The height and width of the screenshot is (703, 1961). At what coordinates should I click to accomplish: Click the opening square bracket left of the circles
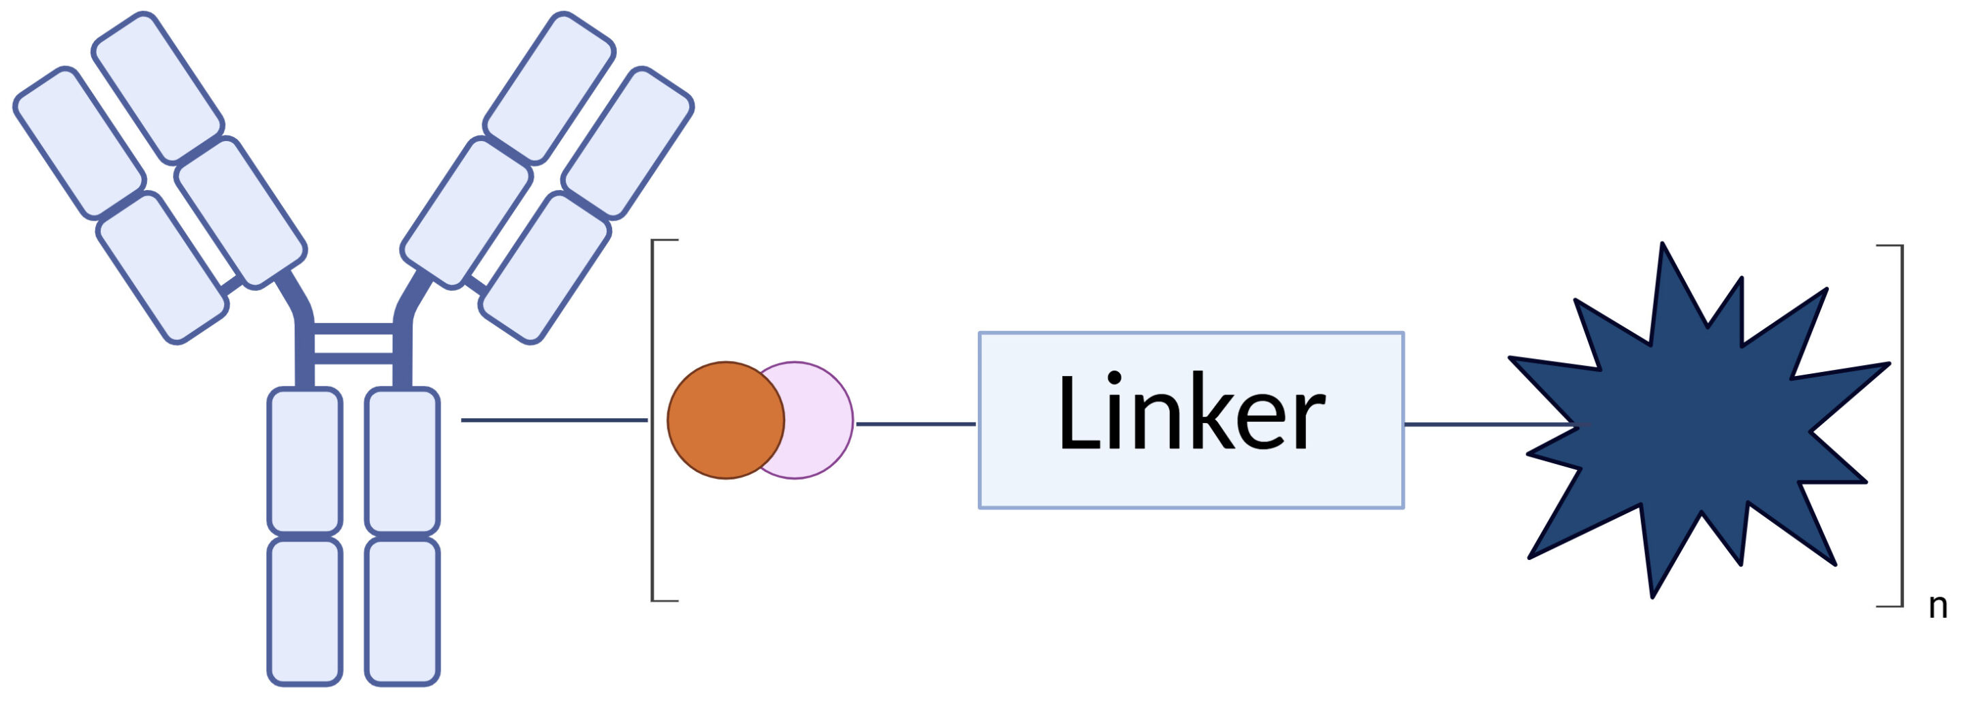pos(654,420)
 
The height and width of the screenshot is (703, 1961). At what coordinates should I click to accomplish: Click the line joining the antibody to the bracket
pos(554,420)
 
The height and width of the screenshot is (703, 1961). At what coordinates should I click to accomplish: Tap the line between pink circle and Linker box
pos(915,424)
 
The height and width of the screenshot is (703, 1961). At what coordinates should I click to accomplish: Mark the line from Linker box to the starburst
pos(1484,424)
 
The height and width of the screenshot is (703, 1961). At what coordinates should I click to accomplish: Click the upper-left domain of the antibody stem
pos(304,460)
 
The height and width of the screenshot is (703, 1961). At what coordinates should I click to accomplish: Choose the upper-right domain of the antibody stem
pos(402,460)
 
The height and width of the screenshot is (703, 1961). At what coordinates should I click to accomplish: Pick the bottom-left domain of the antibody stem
pos(304,612)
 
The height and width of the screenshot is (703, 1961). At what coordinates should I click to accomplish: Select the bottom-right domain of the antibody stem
pos(402,612)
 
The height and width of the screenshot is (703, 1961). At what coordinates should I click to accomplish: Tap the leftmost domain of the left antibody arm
pos(79,142)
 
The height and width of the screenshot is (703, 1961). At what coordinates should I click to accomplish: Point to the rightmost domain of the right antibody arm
pos(627,142)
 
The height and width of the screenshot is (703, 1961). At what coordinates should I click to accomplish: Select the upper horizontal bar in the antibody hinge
pos(353,329)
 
